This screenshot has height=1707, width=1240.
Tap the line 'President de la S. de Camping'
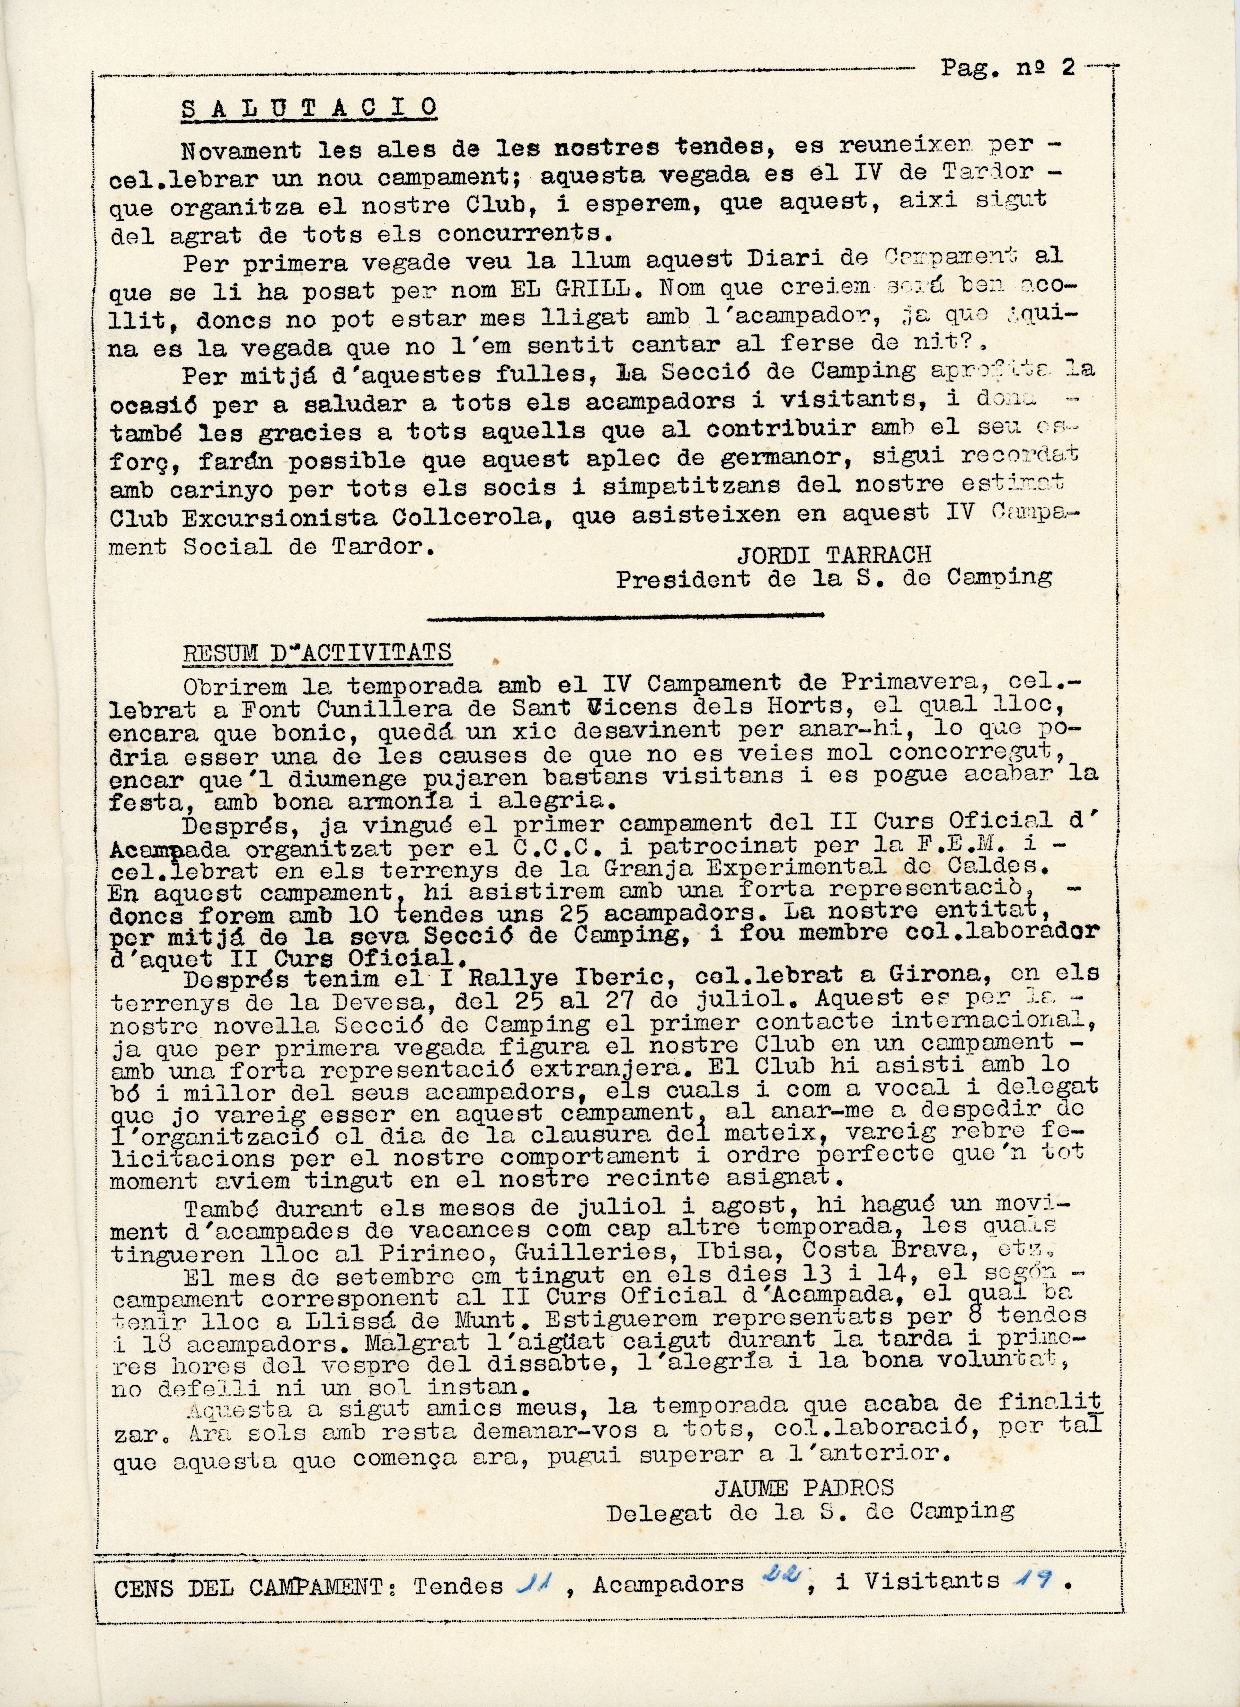point(834,578)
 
